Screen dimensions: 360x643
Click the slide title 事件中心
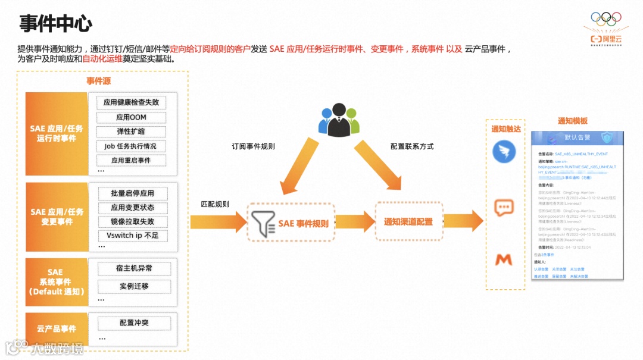tap(55, 24)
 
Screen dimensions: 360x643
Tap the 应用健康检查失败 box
tap(131, 102)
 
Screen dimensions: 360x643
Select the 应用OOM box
tap(131, 117)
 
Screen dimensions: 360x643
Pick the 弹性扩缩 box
tap(131, 132)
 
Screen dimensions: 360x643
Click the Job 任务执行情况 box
tap(131, 146)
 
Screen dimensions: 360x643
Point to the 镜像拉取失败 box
tap(132, 222)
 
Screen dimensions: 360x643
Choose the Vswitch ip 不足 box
tap(132, 236)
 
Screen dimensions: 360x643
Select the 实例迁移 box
tap(134, 286)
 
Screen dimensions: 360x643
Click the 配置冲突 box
tap(134, 323)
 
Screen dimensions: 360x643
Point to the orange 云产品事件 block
tap(57, 329)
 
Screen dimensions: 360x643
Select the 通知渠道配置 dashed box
tap(408, 222)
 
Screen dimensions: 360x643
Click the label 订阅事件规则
tap(253, 146)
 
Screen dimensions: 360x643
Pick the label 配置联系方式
tap(412, 146)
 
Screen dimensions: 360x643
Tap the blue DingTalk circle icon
tap(504, 151)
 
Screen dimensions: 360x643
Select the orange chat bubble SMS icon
tap(504, 208)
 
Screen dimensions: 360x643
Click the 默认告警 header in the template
tap(577, 137)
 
